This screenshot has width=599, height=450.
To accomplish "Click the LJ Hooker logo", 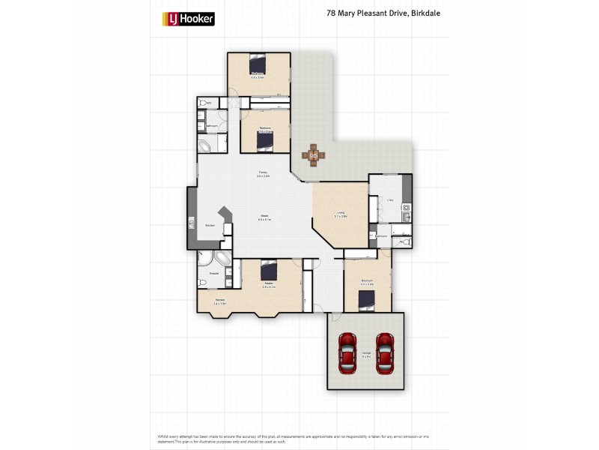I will coord(189,19).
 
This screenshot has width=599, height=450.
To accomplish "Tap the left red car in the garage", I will coord(347,353).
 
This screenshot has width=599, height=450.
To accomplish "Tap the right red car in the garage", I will coord(385,353).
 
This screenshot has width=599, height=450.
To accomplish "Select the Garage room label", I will coord(366,352).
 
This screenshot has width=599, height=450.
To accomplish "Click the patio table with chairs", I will coord(314,156).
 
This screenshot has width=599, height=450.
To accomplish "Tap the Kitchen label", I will coord(210,225).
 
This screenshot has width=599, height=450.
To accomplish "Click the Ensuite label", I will coord(213,274).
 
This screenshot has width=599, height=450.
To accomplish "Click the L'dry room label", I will coord(390,200).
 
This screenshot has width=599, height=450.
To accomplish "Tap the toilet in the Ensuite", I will coord(202,282).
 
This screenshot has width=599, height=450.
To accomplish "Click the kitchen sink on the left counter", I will coord(192,223).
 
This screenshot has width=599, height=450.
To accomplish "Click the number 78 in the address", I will coord(331,13).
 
